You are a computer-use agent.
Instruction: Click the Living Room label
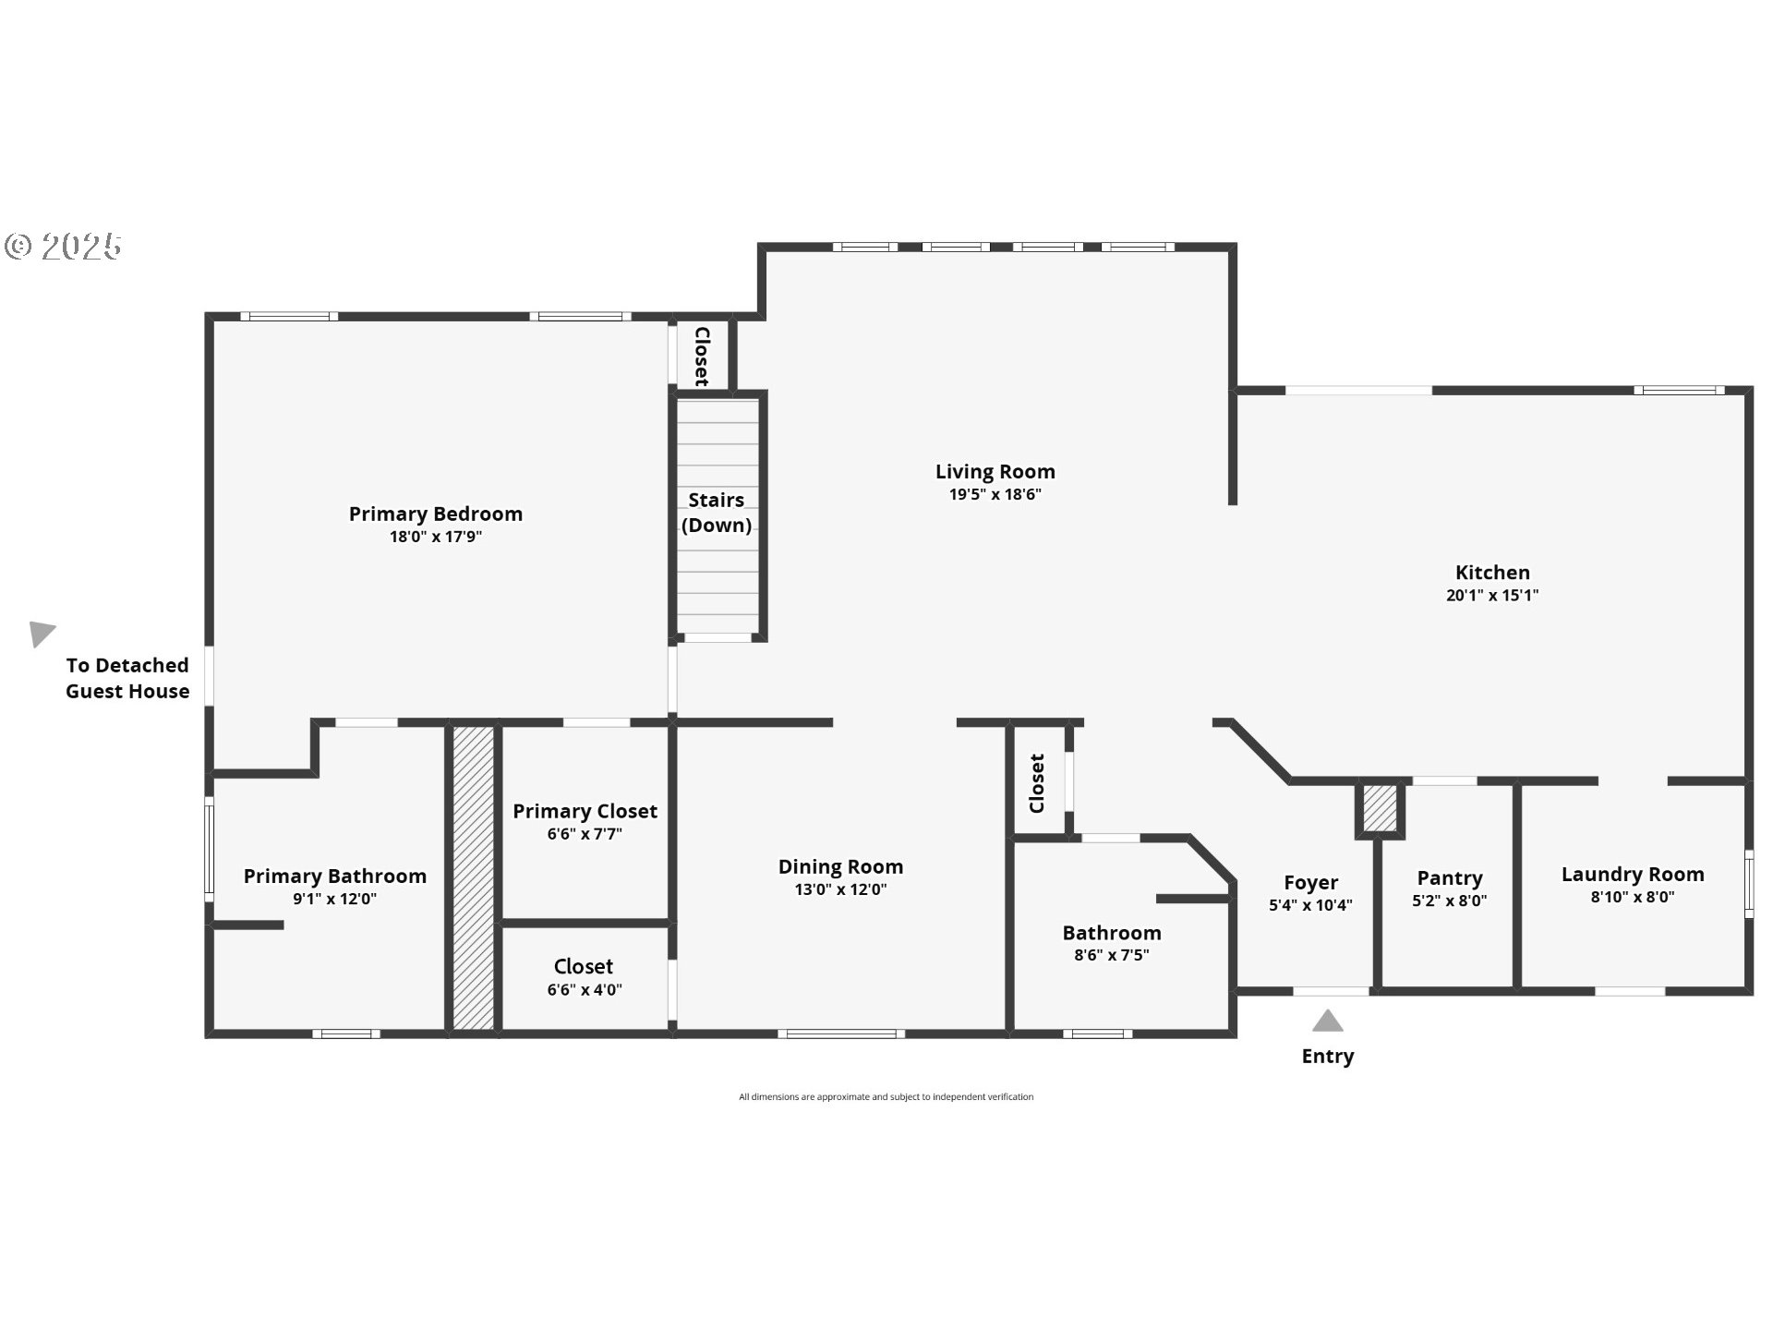click(995, 471)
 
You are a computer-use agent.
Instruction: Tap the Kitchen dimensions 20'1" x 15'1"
click(1491, 596)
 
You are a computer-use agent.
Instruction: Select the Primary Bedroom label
click(435, 514)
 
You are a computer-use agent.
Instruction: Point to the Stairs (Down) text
click(716, 513)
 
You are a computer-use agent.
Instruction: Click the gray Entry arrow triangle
click(1327, 1022)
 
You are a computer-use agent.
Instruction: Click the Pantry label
click(1449, 877)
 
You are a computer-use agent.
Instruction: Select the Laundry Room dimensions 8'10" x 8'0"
click(1632, 897)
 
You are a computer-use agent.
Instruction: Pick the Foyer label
click(1310, 882)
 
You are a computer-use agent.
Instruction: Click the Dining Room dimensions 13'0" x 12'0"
click(840, 889)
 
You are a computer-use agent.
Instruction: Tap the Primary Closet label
click(585, 811)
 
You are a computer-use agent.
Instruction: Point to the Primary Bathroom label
click(334, 876)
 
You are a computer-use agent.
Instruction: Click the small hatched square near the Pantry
click(1380, 809)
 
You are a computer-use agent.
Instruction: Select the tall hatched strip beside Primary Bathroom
click(474, 877)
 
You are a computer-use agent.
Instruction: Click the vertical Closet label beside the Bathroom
click(1037, 783)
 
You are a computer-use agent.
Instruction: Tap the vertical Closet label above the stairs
click(701, 356)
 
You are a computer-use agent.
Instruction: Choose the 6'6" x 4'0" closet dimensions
click(585, 990)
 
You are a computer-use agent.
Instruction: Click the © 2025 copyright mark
click(63, 246)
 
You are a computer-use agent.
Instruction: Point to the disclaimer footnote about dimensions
click(886, 1097)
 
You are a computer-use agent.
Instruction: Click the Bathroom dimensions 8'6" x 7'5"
click(1111, 955)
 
